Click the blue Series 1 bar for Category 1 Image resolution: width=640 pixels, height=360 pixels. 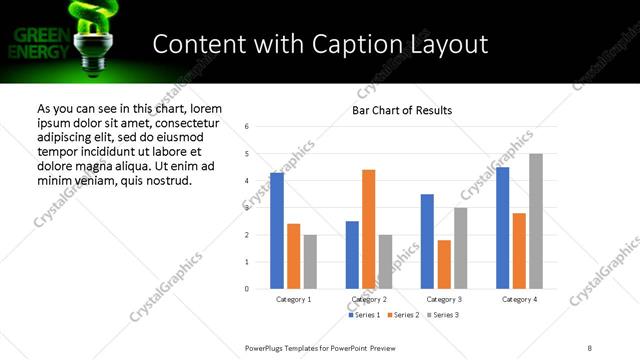(x=277, y=231)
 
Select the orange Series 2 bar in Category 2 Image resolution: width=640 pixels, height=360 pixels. (x=368, y=229)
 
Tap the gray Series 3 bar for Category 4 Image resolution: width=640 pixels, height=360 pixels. (x=536, y=221)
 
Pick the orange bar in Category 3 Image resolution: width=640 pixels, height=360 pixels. (x=444, y=264)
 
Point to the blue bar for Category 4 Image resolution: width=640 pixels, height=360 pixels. (x=502, y=228)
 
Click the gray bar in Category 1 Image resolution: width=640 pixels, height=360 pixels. (x=310, y=262)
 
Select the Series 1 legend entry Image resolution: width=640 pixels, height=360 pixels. (x=363, y=315)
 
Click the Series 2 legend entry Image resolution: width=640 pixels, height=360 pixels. (x=403, y=315)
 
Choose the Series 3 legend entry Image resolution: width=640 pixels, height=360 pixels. (x=443, y=315)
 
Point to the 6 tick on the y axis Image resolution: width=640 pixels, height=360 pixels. (x=246, y=126)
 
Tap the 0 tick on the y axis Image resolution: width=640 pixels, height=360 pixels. (x=246, y=289)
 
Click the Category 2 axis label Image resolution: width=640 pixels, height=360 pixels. (x=369, y=299)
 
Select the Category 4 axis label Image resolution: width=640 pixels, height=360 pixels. (x=519, y=299)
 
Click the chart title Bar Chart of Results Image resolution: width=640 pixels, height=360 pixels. (x=402, y=110)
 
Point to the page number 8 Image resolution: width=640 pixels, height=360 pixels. (x=590, y=347)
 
